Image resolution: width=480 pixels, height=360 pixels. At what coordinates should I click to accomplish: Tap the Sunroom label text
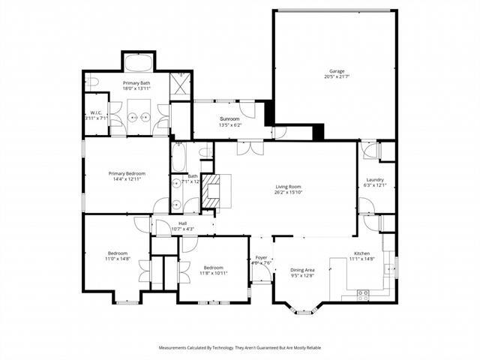(x=229, y=119)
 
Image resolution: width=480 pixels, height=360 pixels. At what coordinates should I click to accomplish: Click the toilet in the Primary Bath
(x=91, y=81)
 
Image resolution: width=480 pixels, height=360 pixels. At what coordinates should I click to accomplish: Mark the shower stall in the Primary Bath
(x=181, y=82)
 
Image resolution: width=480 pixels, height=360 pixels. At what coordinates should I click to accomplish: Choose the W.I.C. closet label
(x=95, y=113)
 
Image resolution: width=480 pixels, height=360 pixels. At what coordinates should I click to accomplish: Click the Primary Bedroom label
(x=126, y=173)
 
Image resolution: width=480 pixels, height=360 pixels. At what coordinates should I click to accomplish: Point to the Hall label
(x=182, y=223)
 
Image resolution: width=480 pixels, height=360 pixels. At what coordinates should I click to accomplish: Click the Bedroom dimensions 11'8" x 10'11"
(x=213, y=272)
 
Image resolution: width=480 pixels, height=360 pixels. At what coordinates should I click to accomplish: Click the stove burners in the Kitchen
(x=364, y=292)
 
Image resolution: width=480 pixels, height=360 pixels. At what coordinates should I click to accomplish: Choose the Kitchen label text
(x=363, y=253)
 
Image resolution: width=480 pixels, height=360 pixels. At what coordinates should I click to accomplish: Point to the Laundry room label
(x=375, y=180)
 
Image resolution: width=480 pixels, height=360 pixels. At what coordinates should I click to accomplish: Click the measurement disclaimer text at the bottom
(x=239, y=348)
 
